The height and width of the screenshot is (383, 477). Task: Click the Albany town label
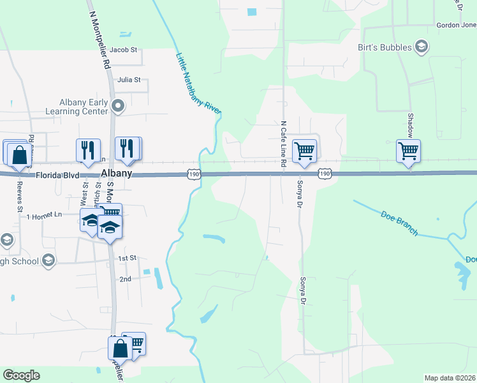pos(116,174)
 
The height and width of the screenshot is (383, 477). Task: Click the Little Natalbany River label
pos(198,82)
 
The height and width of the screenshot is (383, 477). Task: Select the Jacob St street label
pos(123,49)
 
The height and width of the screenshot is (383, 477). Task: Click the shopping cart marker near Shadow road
pos(408,151)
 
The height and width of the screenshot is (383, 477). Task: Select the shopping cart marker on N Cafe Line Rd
pos(304,151)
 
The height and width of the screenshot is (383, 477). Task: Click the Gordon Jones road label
pos(456,26)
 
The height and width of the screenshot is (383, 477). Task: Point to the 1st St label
pos(128,258)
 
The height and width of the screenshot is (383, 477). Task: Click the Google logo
pos(21,375)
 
